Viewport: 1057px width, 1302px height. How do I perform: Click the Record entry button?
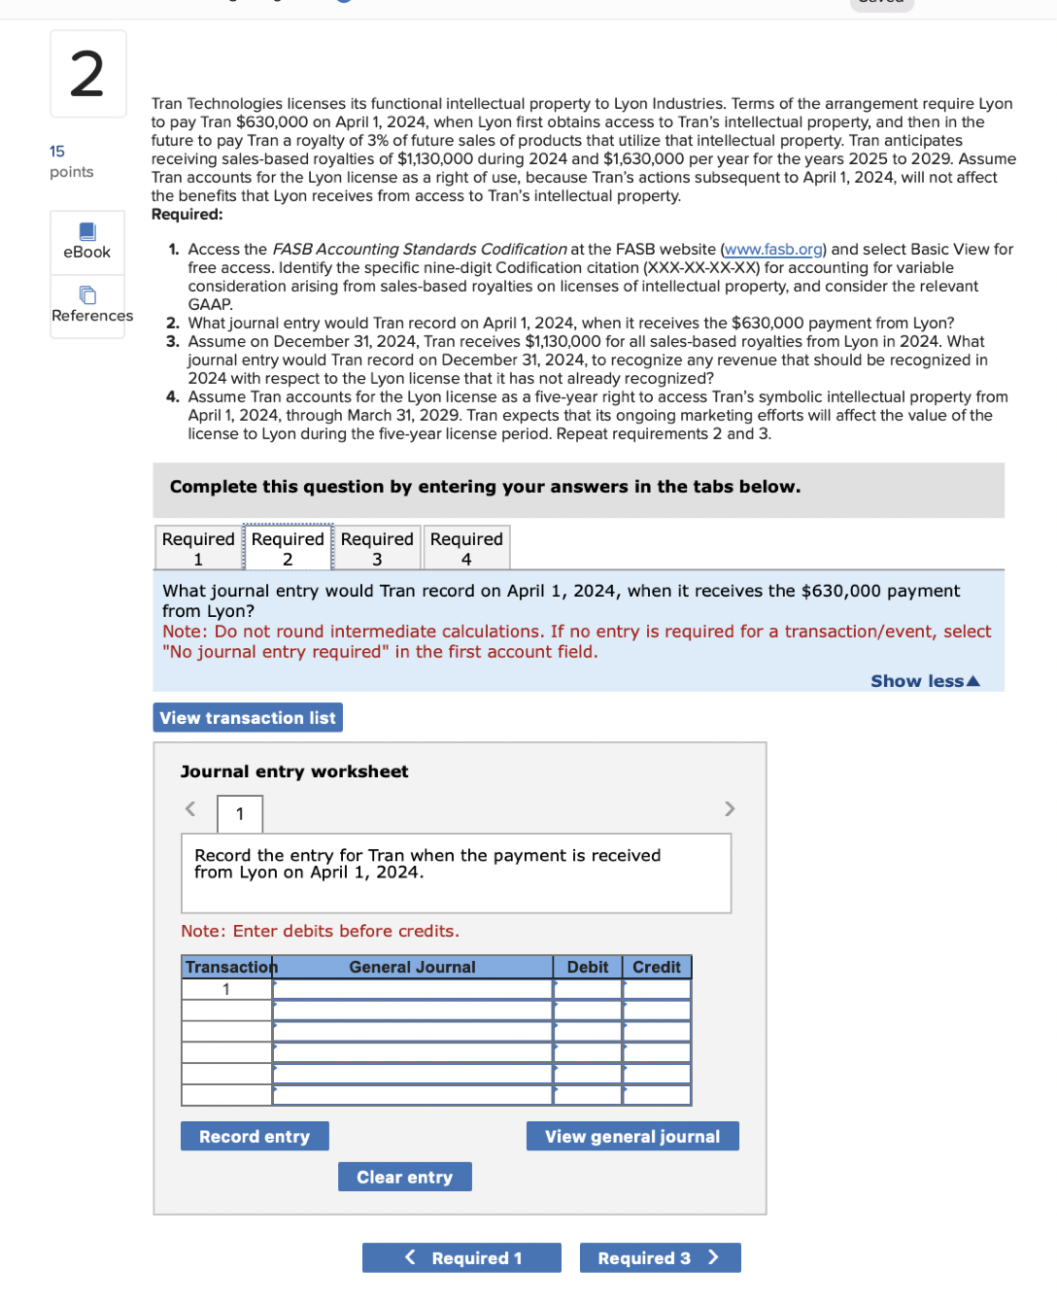click(x=255, y=1136)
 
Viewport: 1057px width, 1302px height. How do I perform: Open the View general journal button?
click(x=632, y=1136)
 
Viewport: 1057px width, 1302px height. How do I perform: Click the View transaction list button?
click(x=248, y=717)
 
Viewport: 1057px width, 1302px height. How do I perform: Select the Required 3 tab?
click(x=377, y=548)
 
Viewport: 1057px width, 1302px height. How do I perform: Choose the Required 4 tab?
click(x=466, y=548)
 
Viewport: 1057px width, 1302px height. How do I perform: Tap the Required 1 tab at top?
click(x=198, y=548)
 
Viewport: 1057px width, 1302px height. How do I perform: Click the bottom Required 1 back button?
click(x=461, y=1257)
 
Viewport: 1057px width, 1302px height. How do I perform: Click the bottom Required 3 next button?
click(x=660, y=1257)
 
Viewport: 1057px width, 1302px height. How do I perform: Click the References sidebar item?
click(x=91, y=305)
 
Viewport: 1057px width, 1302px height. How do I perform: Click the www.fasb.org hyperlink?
click(x=773, y=250)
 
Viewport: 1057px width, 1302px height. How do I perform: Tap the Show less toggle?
click(x=925, y=681)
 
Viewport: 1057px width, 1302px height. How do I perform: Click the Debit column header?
click(x=587, y=967)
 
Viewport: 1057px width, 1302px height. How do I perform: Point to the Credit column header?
click(x=657, y=967)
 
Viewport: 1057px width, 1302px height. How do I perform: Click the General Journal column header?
click(x=412, y=967)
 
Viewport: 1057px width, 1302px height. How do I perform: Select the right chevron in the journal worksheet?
click(x=730, y=808)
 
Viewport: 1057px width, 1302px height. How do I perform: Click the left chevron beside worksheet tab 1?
click(x=190, y=808)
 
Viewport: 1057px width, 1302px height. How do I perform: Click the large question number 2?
click(x=87, y=74)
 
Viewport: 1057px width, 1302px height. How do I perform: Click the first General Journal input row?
click(x=412, y=989)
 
